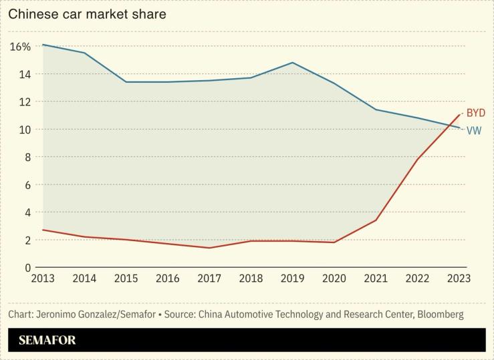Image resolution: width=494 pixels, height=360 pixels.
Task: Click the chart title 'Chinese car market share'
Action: (x=87, y=13)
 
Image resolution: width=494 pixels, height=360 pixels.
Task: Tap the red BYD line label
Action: (x=475, y=113)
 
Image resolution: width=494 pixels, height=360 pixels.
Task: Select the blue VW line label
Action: (x=473, y=131)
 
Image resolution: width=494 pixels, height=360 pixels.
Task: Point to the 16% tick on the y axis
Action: (x=20, y=47)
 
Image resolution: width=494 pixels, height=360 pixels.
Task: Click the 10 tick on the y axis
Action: (x=24, y=130)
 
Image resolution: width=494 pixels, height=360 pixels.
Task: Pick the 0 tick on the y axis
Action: (x=27, y=267)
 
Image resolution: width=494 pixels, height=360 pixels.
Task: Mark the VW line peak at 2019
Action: (x=293, y=63)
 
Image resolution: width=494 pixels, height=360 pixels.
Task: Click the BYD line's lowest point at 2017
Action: (x=209, y=248)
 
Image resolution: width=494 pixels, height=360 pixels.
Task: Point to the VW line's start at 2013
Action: (x=42, y=45)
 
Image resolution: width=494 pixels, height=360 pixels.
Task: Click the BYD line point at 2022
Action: (x=418, y=159)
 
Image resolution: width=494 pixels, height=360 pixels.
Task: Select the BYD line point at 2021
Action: (x=376, y=220)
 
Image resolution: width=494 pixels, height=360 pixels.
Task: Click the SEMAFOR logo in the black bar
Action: (x=47, y=340)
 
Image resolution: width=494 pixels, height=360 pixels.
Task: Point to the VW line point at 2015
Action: (x=126, y=82)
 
